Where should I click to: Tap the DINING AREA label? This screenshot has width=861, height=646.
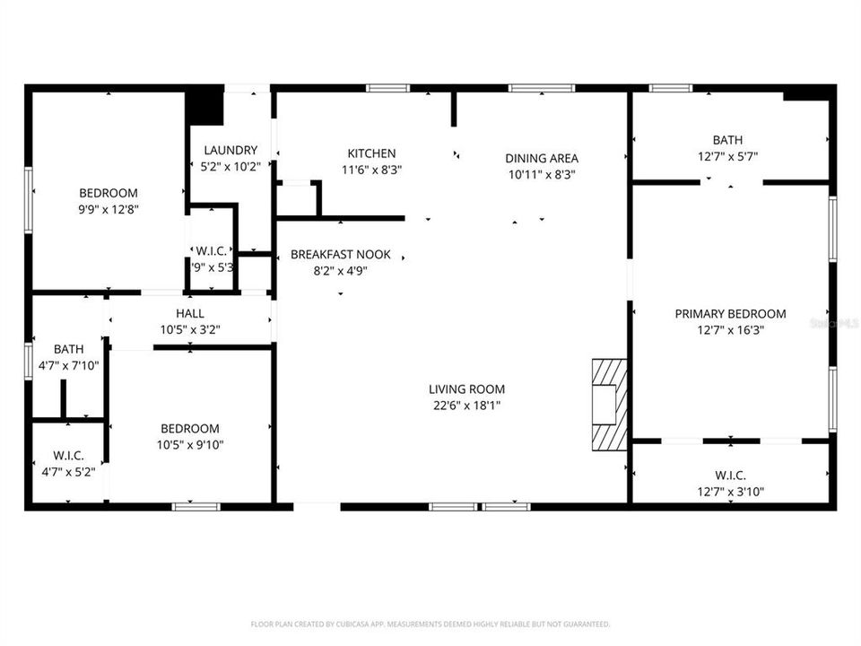(x=542, y=158)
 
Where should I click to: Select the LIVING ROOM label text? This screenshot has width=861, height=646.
(x=466, y=389)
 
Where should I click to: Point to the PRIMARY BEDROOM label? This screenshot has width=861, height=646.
(x=730, y=314)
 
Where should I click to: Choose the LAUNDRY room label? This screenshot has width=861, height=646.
(x=230, y=151)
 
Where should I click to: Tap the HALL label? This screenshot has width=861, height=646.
(x=190, y=313)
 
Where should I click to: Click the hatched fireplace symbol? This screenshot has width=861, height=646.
(x=609, y=404)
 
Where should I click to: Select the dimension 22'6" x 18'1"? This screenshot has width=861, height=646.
(x=466, y=406)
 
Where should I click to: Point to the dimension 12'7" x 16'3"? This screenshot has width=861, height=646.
(x=730, y=330)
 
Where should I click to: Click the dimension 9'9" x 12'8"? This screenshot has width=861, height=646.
(x=109, y=209)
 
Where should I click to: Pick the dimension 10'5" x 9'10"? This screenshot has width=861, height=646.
(x=189, y=445)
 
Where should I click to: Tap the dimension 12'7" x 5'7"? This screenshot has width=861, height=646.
(x=727, y=156)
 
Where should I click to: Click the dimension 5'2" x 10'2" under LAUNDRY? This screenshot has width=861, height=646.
(x=230, y=166)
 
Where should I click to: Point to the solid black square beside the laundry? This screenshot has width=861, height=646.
(x=204, y=106)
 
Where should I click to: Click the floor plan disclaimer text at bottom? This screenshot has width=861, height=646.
(x=430, y=624)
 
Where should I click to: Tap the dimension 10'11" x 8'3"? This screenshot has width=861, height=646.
(x=542, y=174)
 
